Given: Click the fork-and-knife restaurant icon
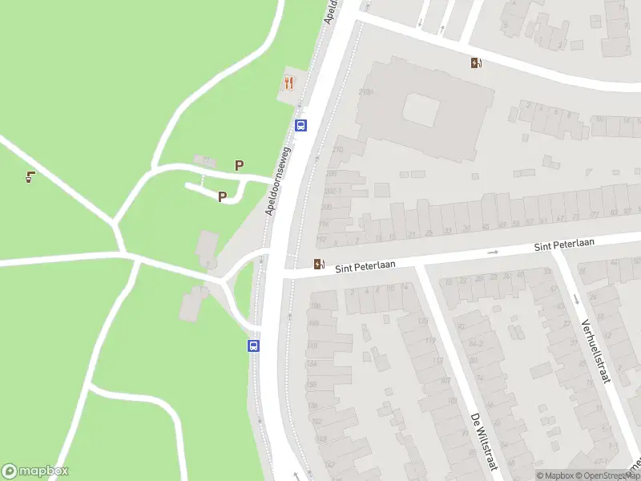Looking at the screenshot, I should [289, 83].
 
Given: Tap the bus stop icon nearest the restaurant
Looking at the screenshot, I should [301, 125].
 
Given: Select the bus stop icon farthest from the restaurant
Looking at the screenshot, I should [253, 346].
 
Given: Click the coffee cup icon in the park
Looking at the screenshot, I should [30, 177].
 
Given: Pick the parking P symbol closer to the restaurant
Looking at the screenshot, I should [239, 165].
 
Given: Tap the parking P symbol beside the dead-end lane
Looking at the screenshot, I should [222, 196].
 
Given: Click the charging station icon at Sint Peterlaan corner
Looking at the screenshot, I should [320, 264].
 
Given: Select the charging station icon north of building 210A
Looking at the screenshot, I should [477, 63].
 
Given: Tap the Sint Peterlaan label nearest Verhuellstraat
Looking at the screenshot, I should [564, 245].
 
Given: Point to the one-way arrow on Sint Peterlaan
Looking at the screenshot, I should [493, 252].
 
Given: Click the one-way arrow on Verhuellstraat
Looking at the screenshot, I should [576, 300].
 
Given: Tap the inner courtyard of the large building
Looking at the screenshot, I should [421, 110].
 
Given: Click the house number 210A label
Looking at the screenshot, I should [366, 92].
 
